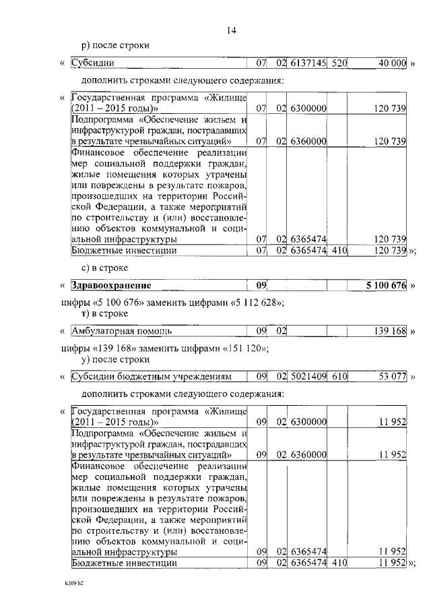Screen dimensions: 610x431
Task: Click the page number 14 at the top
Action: click(x=231, y=30)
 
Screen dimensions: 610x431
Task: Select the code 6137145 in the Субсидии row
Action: click(x=308, y=63)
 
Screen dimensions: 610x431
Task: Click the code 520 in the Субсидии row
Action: click(x=338, y=63)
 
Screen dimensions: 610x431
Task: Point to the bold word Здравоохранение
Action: click(x=112, y=285)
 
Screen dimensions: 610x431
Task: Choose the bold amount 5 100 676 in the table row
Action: click(x=386, y=285)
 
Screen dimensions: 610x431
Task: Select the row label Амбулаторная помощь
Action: click(x=122, y=331)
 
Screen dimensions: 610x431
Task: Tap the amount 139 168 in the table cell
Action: click(x=390, y=331)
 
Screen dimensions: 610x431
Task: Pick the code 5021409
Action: click(x=308, y=376)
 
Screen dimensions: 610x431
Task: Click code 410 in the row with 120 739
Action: click(x=338, y=251)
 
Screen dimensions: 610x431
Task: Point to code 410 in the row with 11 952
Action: click(x=338, y=563)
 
